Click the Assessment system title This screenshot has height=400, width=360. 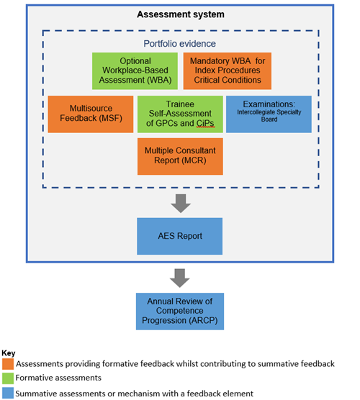coord(181,14)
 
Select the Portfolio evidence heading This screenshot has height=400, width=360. coord(179,44)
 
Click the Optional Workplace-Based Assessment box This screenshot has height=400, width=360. coord(135,71)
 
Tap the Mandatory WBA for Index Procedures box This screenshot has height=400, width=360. coord(228,71)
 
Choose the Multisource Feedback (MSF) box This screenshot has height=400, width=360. coord(91,114)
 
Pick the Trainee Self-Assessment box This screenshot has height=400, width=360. coord(180,114)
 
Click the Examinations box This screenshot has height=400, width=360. coord(269,114)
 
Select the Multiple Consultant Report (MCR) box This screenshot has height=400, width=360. coord(180,156)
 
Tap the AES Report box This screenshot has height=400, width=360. coord(179,236)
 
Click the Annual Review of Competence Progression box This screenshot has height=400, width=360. coord(180,312)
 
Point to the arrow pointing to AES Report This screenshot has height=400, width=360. coord(181,204)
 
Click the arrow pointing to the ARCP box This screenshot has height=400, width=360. coord(180,278)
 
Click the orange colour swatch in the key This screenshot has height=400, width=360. coord(8,364)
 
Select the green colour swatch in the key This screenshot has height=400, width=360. coord(8,378)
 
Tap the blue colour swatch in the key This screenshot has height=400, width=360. coord(8,393)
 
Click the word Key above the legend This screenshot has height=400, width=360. coord(9,353)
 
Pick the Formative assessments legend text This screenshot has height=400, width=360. coord(58,378)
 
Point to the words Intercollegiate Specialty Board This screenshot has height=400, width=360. coord(269,116)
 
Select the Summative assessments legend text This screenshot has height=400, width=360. coord(135,394)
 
